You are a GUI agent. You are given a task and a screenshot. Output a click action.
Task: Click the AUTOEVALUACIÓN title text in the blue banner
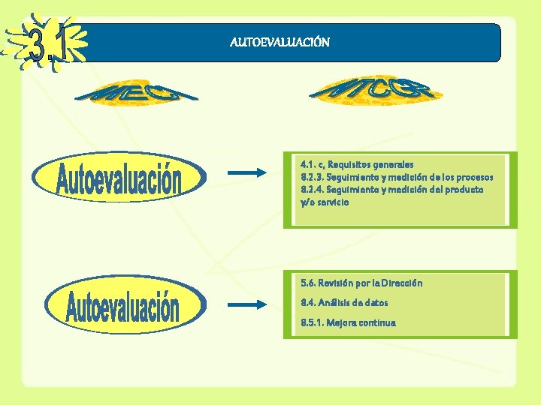point(280,42)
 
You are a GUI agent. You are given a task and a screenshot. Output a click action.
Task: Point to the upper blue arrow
point(246,173)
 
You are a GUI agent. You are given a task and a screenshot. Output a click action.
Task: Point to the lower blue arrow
point(246,304)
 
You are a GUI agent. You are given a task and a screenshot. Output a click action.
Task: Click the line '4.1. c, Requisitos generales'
point(357,164)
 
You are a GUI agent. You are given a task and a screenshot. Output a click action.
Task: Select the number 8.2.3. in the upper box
point(313,177)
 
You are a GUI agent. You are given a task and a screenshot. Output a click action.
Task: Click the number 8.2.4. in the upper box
point(313,190)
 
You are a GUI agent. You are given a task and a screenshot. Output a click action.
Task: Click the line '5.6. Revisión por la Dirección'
point(361,283)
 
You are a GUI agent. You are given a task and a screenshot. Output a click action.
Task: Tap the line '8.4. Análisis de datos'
point(344,303)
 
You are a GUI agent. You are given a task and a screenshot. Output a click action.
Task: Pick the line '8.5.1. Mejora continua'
point(348,323)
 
